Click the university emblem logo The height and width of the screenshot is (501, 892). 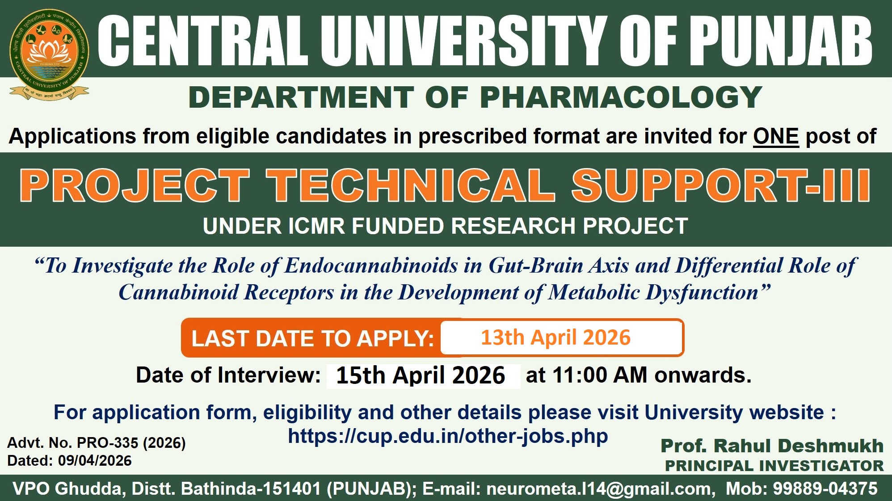[x=49, y=55]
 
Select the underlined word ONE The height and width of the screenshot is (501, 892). [x=776, y=136]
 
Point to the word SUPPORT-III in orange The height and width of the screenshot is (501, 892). [x=721, y=185]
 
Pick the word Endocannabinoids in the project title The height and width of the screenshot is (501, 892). [x=371, y=265]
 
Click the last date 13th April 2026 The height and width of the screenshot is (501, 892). [x=555, y=337]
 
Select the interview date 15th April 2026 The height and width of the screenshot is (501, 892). [x=421, y=375]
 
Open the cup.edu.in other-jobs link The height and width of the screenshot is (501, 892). [x=448, y=436]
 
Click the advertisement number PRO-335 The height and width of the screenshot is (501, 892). [x=108, y=443]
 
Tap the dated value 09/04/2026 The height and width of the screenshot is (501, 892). [x=95, y=461]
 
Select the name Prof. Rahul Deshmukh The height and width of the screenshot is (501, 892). [x=772, y=446]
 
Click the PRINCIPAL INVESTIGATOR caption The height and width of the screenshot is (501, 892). [x=774, y=466]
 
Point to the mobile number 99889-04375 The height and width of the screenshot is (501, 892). [x=825, y=488]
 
